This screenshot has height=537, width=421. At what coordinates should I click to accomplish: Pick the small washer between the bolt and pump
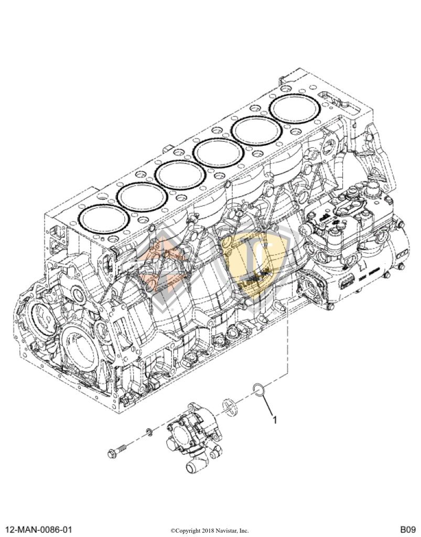[x=148, y=431]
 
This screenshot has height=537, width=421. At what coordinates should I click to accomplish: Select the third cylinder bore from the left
[x=181, y=176]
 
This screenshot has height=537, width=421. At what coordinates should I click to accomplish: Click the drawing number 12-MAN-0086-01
[x=39, y=529]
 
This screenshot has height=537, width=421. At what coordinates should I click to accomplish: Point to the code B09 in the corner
[x=407, y=529]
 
